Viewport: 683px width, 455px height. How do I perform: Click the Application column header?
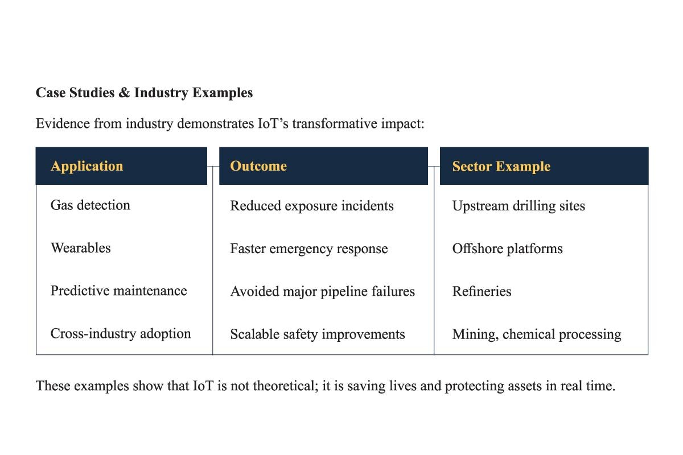tap(87, 166)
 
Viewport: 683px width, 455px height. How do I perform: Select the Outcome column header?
tap(258, 166)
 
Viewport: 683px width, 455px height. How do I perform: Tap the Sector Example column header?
tap(501, 167)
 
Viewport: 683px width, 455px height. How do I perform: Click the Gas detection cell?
tap(90, 205)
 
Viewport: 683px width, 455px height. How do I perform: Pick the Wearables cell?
tap(81, 248)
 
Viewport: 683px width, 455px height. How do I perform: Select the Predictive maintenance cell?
tap(118, 291)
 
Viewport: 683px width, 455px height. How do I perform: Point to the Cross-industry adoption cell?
tap(121, 333)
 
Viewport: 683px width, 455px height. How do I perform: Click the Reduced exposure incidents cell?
tap(311, 205)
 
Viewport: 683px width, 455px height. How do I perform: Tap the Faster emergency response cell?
tap(308, 249)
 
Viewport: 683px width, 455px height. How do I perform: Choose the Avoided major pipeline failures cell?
tap(322, 291)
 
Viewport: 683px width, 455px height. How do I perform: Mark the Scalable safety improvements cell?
tap(317, 334)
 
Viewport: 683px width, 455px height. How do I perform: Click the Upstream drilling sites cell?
tap(519, 205)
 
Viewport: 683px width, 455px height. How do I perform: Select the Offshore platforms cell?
tap(507, 249)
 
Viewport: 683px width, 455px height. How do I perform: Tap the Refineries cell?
tap(482, 291)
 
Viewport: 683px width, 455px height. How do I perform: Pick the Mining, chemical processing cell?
tap(536, 334)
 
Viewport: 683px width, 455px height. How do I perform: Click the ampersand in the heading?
tap(124, 93)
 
